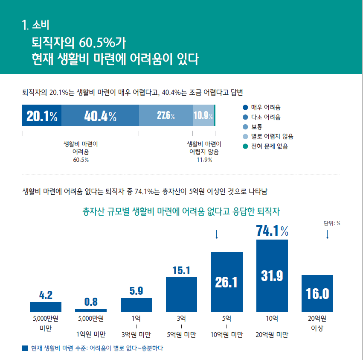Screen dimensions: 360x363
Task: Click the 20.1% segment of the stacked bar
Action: [42, 116]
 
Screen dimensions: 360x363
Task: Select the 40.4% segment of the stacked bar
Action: [100, 116]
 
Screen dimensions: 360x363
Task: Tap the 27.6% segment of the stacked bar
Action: [166, 116]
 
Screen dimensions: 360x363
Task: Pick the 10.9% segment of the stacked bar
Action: [203, 116]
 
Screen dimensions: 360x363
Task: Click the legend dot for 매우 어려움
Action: [245, 107]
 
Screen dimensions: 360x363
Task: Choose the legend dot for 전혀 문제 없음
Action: [245, 146]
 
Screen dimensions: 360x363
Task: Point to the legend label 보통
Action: [257, 127]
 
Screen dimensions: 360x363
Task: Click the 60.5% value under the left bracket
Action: [81, 160]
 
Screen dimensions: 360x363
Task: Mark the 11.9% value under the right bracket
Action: [204, 160]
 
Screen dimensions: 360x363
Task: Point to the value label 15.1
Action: [181, 270]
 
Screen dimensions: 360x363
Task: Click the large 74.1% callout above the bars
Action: [272, 231]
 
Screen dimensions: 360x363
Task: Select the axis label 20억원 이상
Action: [317, 323]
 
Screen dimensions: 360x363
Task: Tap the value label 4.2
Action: [45, 295]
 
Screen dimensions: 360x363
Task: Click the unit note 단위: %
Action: [332, 222]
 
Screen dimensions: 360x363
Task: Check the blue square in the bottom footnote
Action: [24, 348]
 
